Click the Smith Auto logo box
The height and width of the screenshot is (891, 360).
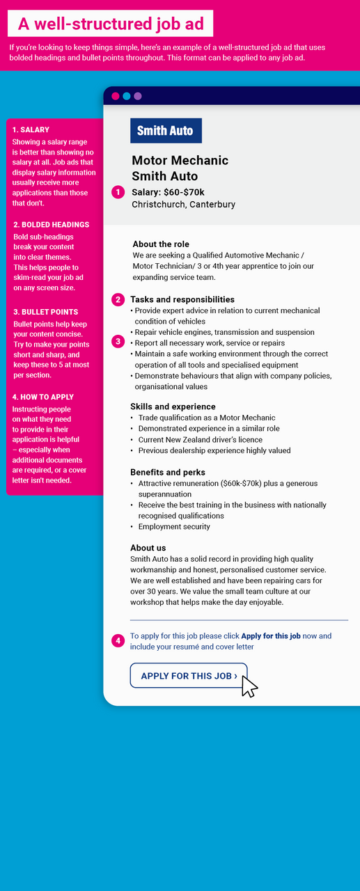(x=166, y=131)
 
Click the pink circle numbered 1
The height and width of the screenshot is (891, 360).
(x=118, y=191)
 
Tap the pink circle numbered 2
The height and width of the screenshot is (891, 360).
(x=118, y=300)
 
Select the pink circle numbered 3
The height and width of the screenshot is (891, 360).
(x=118, y=342)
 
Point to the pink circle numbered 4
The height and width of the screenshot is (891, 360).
(x=118, y=640)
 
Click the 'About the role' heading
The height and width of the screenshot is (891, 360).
(x=161, y=244)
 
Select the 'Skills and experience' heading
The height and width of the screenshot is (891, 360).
(x=173, y=407)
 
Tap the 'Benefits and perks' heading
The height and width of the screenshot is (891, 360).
(x=168, y=473)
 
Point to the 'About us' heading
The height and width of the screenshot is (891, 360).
(x=148, y=548)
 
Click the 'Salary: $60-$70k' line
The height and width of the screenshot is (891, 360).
(x=168, y=191)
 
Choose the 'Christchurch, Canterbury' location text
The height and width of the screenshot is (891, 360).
(x=183, y=205)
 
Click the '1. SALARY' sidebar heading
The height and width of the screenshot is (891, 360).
(x=31, y=130)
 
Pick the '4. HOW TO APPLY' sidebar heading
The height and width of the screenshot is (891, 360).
(x=42, y=397)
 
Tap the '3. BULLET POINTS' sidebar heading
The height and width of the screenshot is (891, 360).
(x=45, y=312)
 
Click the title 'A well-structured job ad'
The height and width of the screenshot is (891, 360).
(x=111, y=24)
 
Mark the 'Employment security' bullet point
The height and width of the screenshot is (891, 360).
(x=174, y=527)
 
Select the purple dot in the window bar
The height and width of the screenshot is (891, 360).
(x=138, y=96)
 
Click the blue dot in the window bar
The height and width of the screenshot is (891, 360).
(x=127, y=96)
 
